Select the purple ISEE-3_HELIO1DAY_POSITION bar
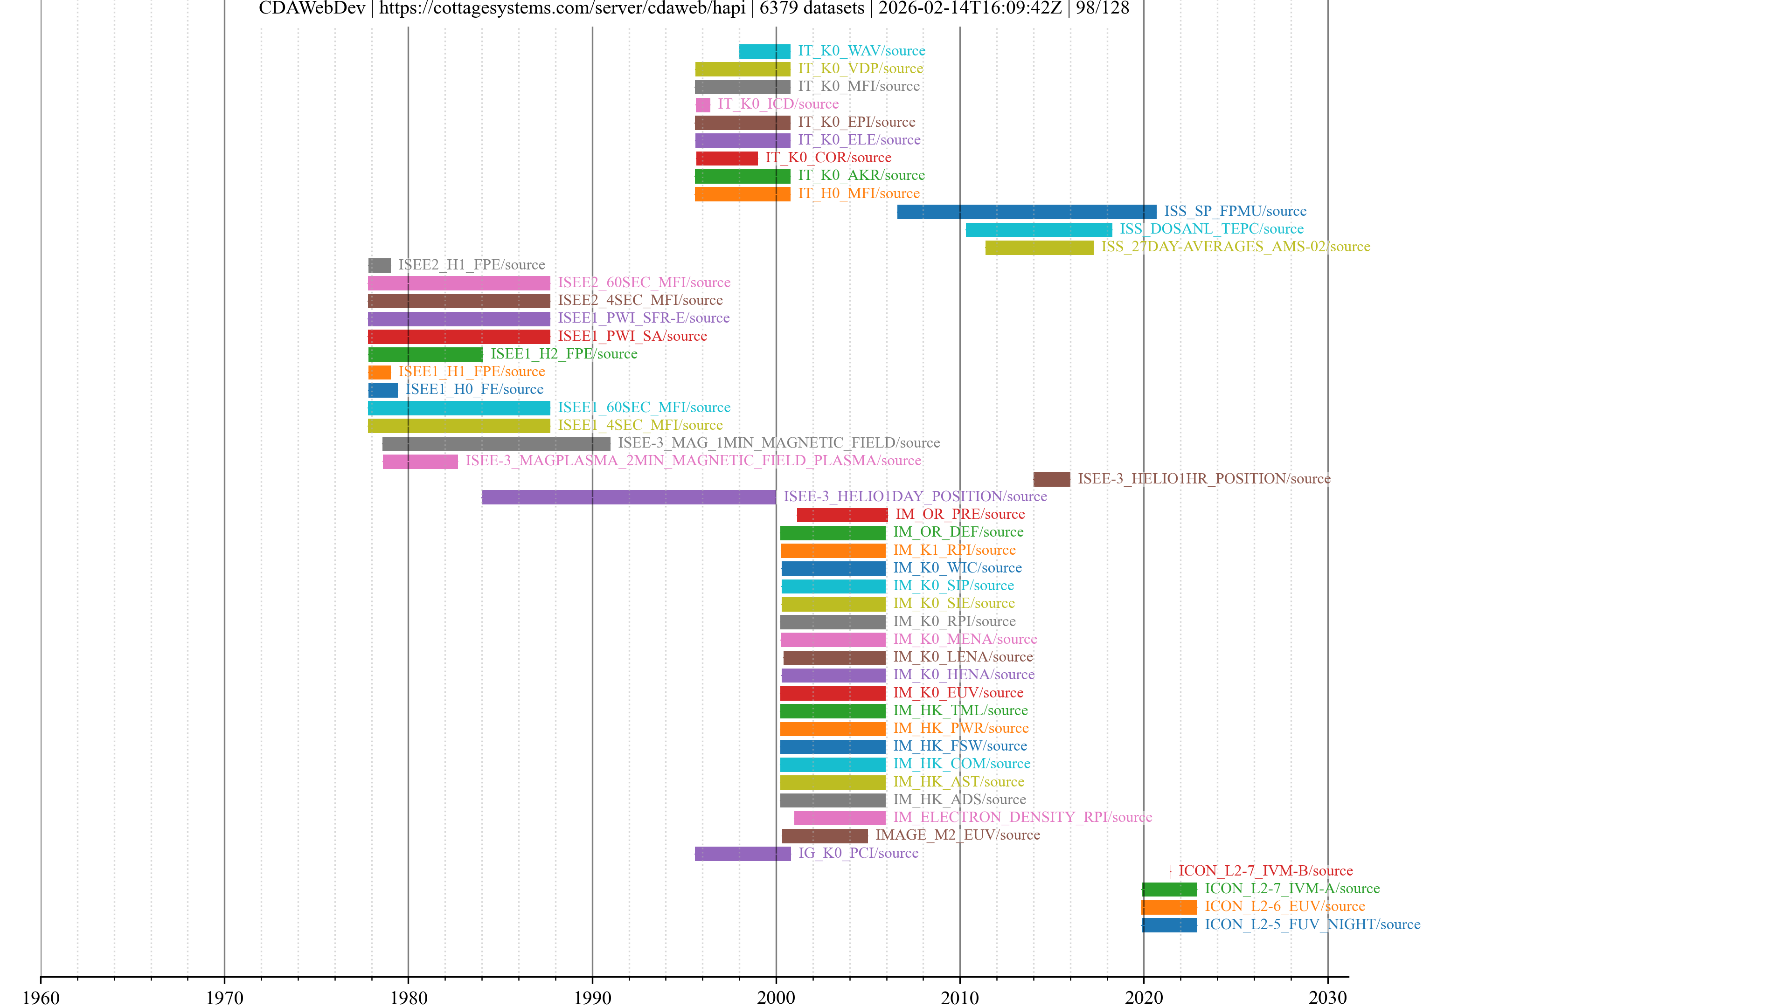(x=629, y=497)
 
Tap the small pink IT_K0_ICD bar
(x=703, y=105)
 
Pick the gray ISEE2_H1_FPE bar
(x=379, y=265)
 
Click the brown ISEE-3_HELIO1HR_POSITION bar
(x=1051, y=479)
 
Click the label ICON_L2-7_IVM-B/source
(x=1265, y=871)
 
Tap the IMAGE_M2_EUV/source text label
(x=958, y=835)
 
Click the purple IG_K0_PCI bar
(x=743, y=854)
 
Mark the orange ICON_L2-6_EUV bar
(x=1169, y=907)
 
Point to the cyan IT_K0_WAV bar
(x=764, y=51)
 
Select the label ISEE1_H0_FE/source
(x=474, y=389)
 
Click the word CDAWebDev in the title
(x=312, y=8)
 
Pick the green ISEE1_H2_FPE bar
(x=425, y=354)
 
